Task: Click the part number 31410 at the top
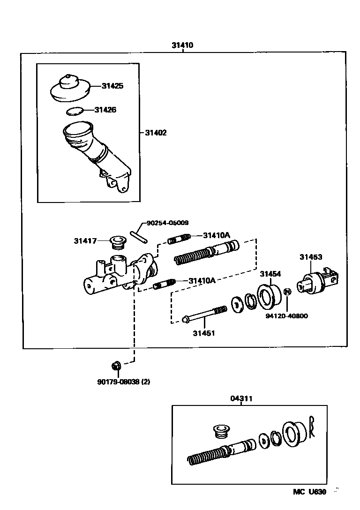[x=182, y=45]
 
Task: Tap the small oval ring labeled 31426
[x=74, y=111]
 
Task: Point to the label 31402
[x=155, y=133]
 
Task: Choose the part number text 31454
[x=270, y=274]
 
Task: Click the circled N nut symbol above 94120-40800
[x=288, y=292]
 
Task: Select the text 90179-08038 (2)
[x=123, y=382]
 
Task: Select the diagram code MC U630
[x=309, y=492]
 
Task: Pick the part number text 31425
[x=113, y=86]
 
